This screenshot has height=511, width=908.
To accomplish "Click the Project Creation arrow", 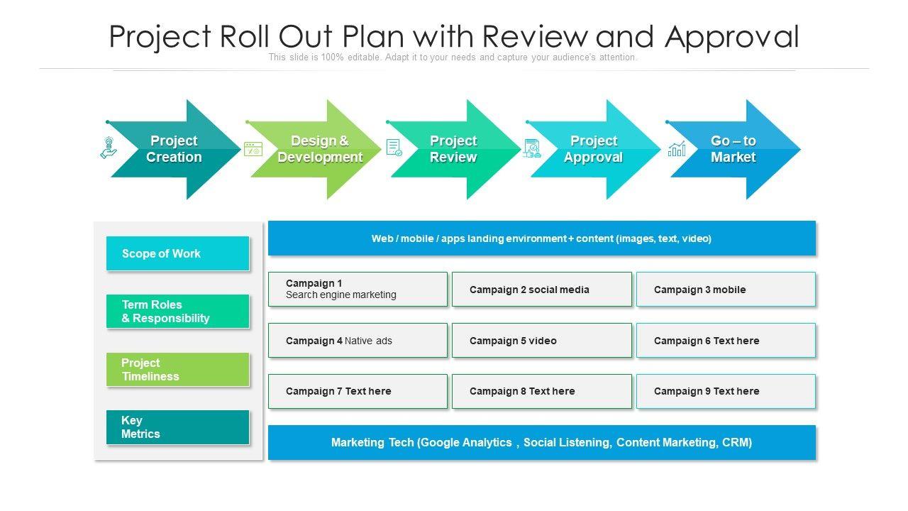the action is coord(175,149).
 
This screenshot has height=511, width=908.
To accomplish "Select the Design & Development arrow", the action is coord(314,149).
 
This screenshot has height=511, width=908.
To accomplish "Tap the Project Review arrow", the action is coord(454,149).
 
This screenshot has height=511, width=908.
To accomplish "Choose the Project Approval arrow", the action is coord(594,149).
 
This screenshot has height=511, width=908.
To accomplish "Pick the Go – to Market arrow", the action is coord(733,149).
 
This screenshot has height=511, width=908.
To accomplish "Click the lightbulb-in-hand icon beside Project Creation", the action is coord(109,148).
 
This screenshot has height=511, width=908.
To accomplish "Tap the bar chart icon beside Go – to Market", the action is coord(677,149).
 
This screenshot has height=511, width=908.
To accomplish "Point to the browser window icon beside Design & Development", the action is coord(253,149).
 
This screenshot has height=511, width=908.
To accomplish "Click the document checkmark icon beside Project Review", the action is coord(394,148).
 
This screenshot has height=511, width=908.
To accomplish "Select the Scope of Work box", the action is coord(177,253).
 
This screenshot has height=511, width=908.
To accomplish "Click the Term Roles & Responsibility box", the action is coord(177,311).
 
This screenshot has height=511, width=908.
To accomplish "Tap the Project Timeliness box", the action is coord(177,370).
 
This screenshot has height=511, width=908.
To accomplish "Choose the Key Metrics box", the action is coord(177,427).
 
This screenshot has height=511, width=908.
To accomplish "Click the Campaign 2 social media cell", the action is coord(541,289).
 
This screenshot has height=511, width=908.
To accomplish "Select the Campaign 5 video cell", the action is coord(541,340).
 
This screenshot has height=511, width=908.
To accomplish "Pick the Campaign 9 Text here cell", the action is coord(726,391).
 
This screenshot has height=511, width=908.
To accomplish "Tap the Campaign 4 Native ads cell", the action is coord(358,340).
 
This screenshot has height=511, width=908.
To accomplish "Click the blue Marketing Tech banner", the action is coord(541,442).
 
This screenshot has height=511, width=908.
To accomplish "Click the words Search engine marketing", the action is coord(341,295).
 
